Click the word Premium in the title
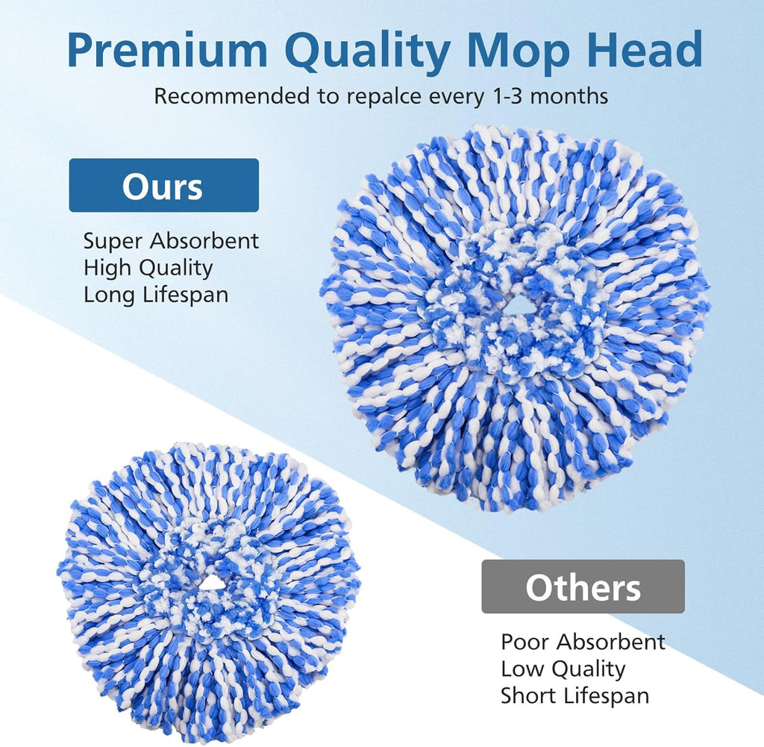click(x=169, y=51)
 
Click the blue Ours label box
click(x=163, y=186)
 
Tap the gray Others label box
click(x=583, y=587)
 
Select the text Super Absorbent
click(x=171, y=241)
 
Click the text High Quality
click(x=148, y=267)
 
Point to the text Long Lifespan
click(x=155, y=294)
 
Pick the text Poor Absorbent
click(x=582, y=642)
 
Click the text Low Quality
click(x=562, y=669)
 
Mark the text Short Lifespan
click(x=574, y=696)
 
